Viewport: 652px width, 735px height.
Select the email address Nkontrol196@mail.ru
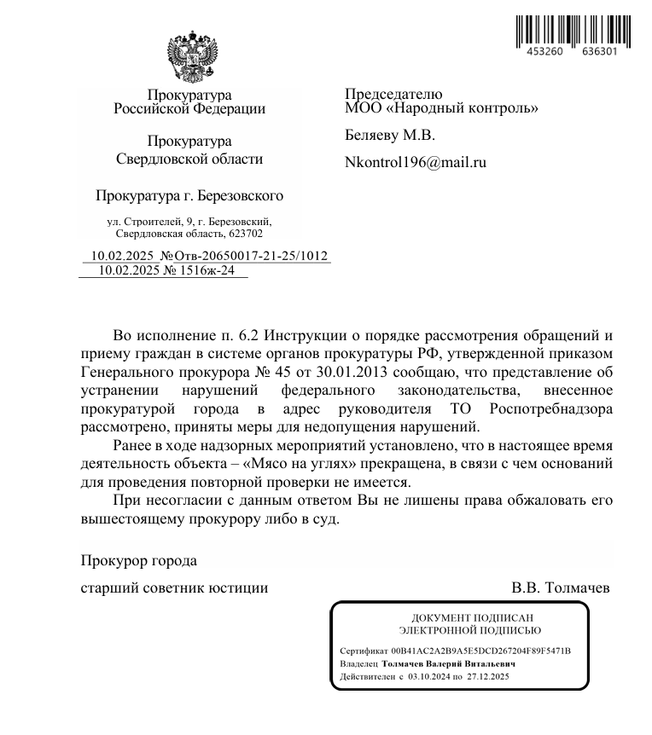[x=416, y=161]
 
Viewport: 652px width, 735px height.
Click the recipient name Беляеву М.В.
[x=389, y=135]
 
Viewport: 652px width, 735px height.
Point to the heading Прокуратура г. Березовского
[x=189, y=196]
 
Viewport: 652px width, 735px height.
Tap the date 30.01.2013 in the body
[x=349, y=372]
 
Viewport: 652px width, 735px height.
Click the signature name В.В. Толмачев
[x=561, y=587]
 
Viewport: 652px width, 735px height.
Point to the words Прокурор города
[x=138, y=561]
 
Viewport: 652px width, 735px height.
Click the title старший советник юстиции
[x=174, y=587]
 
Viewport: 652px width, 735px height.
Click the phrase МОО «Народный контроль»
[x=441, y=108]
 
